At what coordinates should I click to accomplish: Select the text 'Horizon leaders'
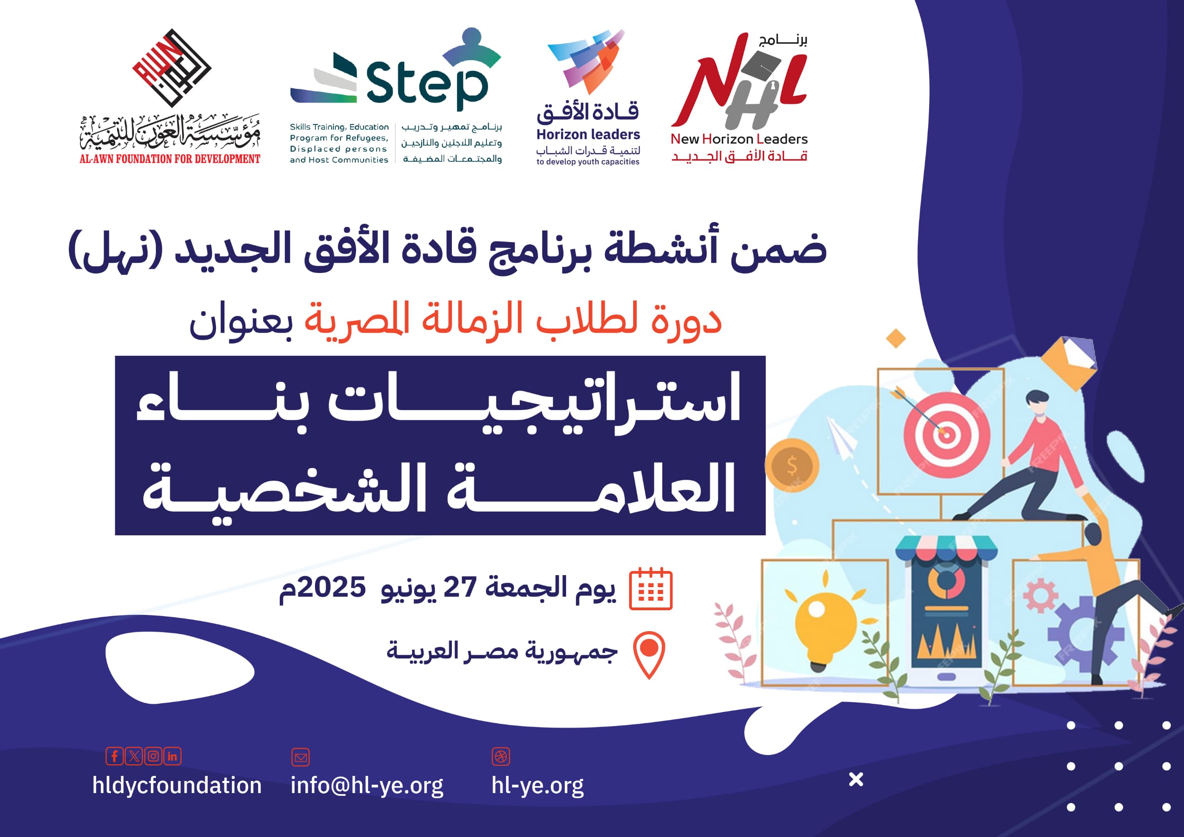coord(588,135)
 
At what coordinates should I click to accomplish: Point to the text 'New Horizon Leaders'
coord(739,139)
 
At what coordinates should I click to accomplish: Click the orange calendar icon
coord(651,589)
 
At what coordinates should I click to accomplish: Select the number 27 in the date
coord(460,587)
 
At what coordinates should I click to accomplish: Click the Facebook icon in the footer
coord(115,756)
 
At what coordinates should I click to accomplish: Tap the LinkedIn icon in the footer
coord(172,756)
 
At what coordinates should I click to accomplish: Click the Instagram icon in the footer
coord(153,756)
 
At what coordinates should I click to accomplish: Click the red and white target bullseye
coord(946,434)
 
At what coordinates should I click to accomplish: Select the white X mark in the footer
coord(856,779)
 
